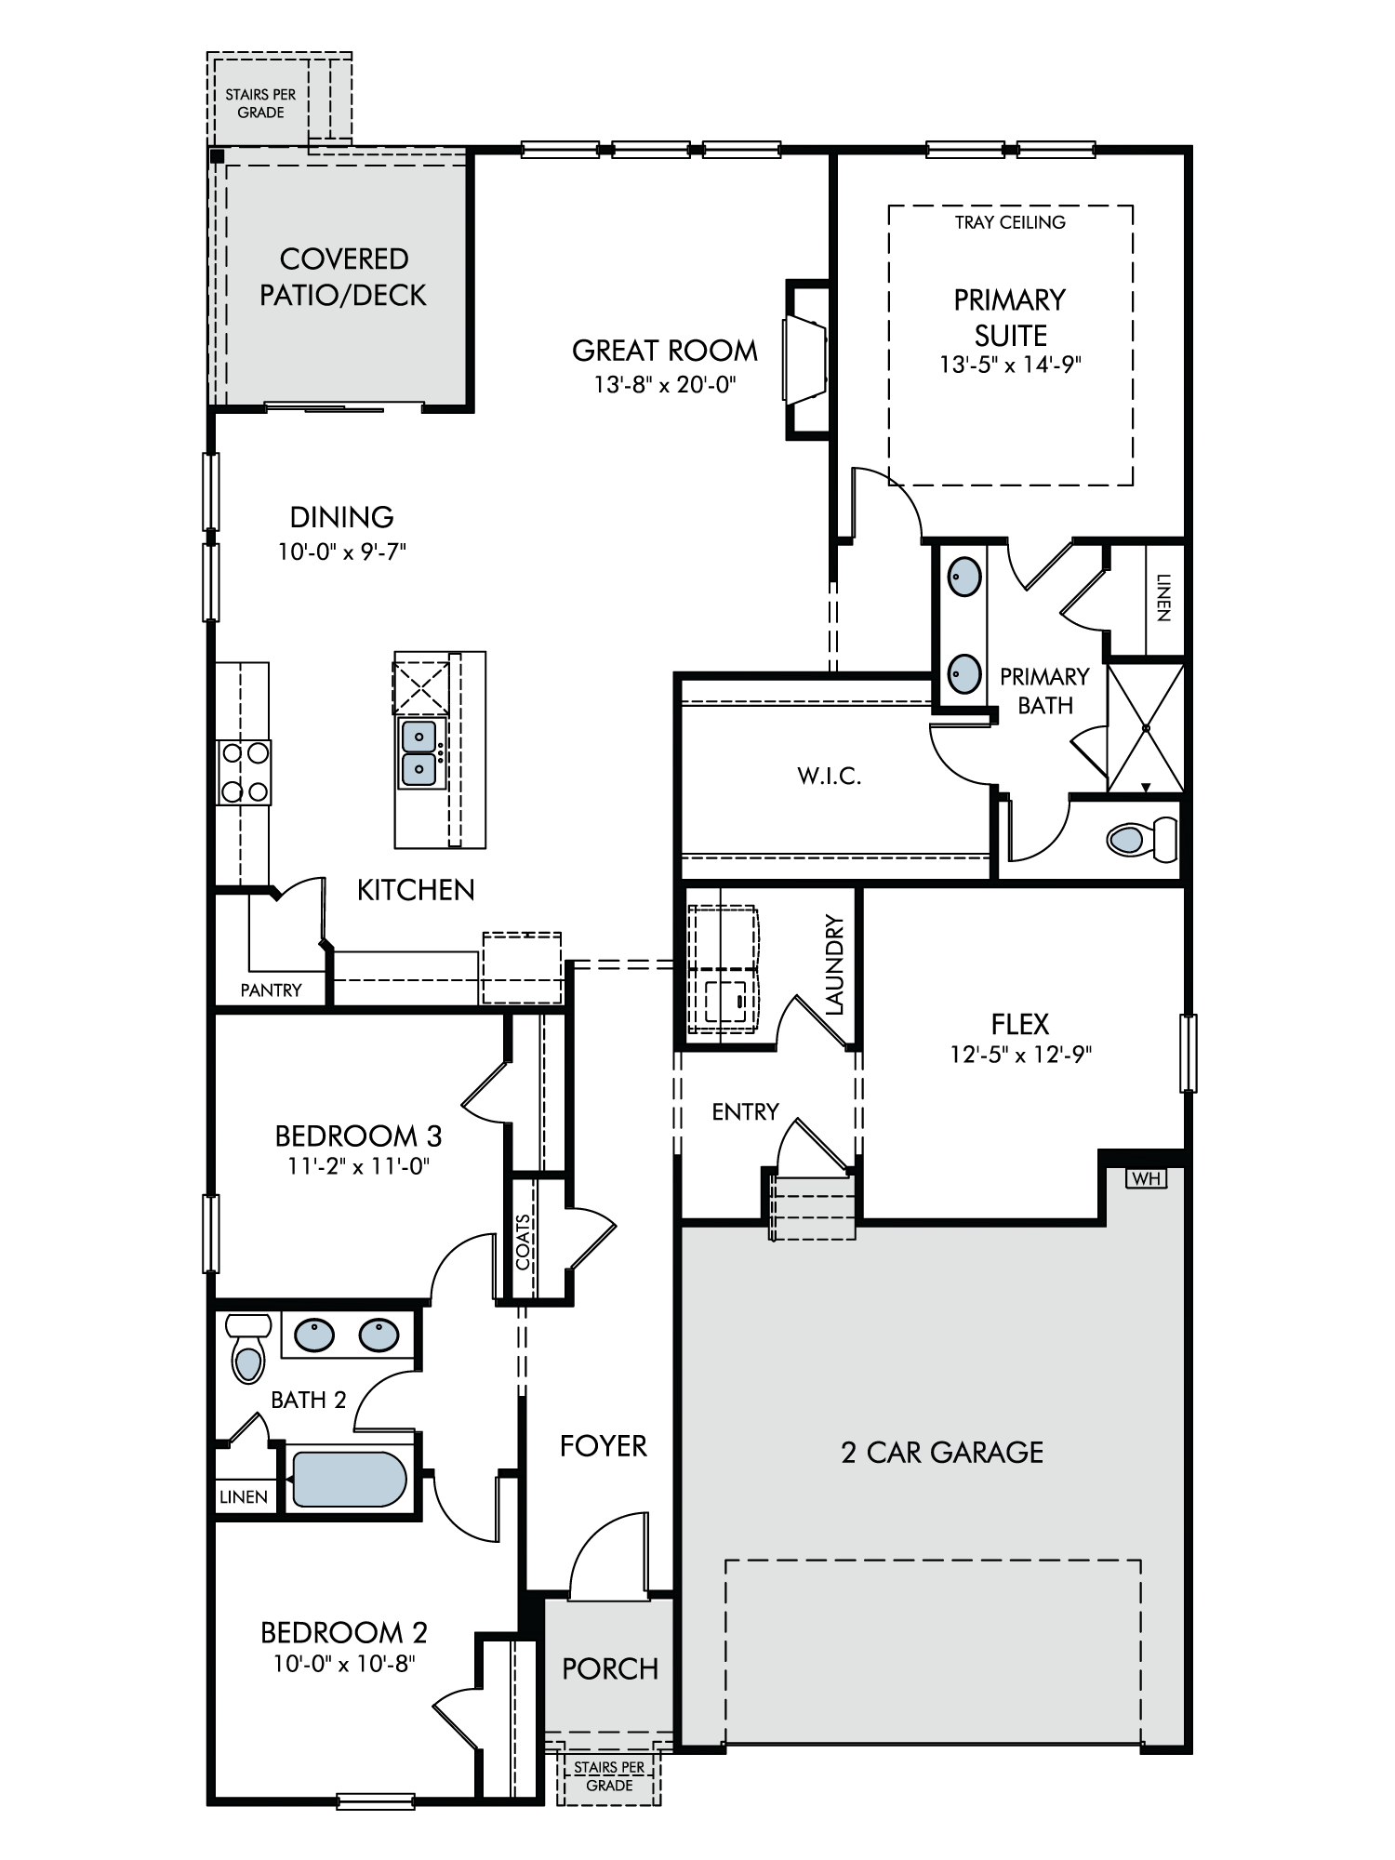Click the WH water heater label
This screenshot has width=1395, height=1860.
click(x=1146, y=1178)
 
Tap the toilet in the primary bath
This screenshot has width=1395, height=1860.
click(x=1142, y=840)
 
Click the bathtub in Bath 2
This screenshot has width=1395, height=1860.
click(x=350, y=1480)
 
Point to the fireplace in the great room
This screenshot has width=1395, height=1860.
click(x=806, y=358)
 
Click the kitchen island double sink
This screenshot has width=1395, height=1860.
click(x=421, y=752)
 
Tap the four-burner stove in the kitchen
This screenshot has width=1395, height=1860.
click(x=244, y=772)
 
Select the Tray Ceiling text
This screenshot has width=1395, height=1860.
click(x=1010, y=222)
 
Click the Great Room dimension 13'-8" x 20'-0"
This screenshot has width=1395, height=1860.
click(x=665, y=384)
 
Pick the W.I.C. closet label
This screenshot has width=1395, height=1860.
click(x=830, y=777)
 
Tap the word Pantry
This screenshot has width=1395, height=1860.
click(x=271, y=990)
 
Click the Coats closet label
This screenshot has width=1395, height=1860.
click(x=524, y=1242)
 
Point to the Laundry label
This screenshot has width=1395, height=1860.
click(x=834, y=964)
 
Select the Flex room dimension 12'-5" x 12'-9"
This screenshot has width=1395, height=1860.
click(x=1020, y=1054)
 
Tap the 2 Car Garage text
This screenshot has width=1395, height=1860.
click(x=942, y=1453)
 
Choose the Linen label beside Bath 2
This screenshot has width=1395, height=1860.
click(x=244, y=1497)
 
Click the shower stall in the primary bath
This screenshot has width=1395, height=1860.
click(x=1146, y=728)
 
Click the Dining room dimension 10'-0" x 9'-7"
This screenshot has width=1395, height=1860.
click(x=342, y=551)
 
